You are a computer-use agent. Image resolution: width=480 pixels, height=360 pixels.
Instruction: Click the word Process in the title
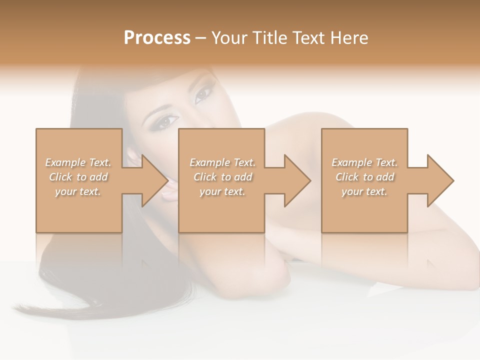157,38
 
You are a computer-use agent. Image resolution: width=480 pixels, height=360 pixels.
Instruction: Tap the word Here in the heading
348,38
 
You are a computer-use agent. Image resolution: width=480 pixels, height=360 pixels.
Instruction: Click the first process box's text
78,177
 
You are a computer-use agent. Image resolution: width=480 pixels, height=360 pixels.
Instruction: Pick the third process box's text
364,177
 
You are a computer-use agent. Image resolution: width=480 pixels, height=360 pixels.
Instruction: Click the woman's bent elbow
272,272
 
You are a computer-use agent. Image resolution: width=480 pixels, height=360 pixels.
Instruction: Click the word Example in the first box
65,162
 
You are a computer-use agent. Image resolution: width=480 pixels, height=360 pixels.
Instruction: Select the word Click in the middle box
205,177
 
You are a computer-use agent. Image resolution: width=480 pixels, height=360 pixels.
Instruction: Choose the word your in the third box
351,191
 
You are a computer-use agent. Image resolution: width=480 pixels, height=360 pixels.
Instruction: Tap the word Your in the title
227,38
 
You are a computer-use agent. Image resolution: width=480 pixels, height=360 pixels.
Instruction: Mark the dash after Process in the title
201,38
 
